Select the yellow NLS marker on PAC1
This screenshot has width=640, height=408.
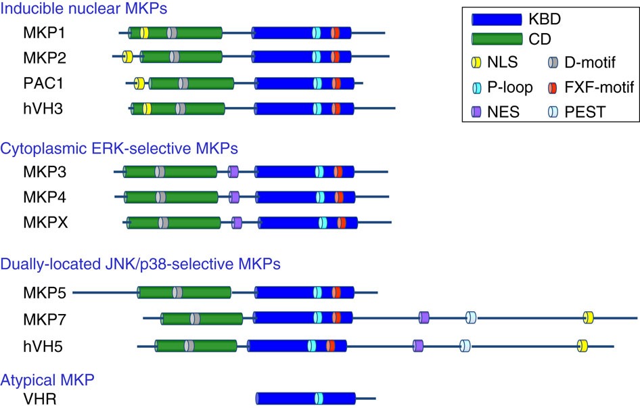coord(139,83)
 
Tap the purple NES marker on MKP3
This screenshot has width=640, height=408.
coord(233,172)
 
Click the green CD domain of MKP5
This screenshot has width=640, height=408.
coord(184,292)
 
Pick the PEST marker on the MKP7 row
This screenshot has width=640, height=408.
coord(471,317)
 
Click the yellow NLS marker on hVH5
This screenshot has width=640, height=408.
coord(582,346)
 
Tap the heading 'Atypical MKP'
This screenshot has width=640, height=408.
coord(47,380)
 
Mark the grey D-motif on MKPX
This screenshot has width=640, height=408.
coord(164,223)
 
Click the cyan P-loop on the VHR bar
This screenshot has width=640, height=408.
coord(318,398)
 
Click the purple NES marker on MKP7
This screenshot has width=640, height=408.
coord(424,317)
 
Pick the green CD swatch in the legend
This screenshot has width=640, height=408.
coord(497,40)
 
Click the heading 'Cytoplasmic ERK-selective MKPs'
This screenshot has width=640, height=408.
coord(120,147)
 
